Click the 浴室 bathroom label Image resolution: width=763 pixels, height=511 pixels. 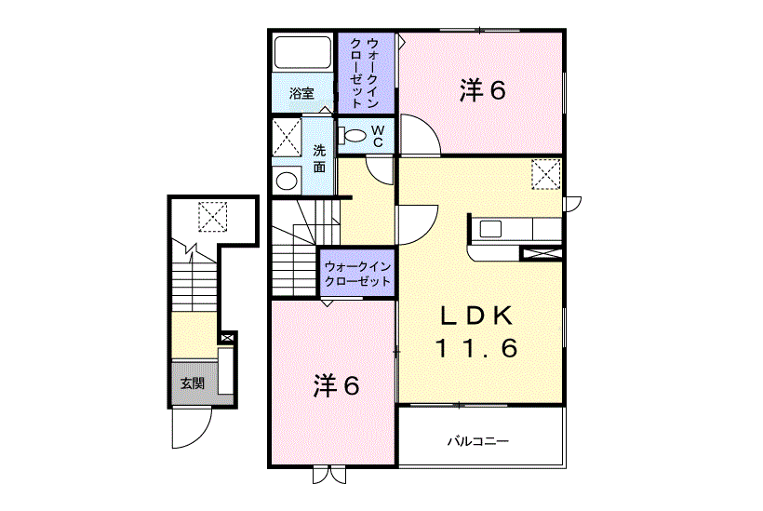[x=301, y=93]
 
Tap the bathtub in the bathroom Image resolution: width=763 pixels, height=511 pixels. [x=302, y=52]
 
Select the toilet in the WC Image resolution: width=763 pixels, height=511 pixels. [x=353, y=135]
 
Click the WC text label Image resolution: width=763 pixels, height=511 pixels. [x=378, y=136]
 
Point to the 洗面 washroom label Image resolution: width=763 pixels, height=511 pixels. [x=319, y=158]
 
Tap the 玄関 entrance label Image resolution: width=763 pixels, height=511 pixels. [x=193, y=383]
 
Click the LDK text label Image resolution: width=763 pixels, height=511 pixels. [x=476, y=316]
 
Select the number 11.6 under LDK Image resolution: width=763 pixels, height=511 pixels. [x=476, y=348]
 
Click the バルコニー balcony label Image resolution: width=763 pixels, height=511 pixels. [x=478, y=441]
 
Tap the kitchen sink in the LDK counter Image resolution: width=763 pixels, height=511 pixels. [x=490, y=229]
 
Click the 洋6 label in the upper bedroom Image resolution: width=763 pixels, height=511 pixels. [x=483, y=90]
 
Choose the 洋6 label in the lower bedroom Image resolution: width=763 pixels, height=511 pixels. [x=336, y=386]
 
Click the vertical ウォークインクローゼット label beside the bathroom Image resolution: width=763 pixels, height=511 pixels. [x=365, y=73]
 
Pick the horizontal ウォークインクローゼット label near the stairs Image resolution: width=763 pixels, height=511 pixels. [x=357, y=274]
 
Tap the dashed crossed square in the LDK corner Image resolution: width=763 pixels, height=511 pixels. [x=546, y=174]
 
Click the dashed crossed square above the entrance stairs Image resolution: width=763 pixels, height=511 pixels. [x=213, y=217]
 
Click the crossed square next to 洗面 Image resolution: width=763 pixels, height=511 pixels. [x=287, y=137]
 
